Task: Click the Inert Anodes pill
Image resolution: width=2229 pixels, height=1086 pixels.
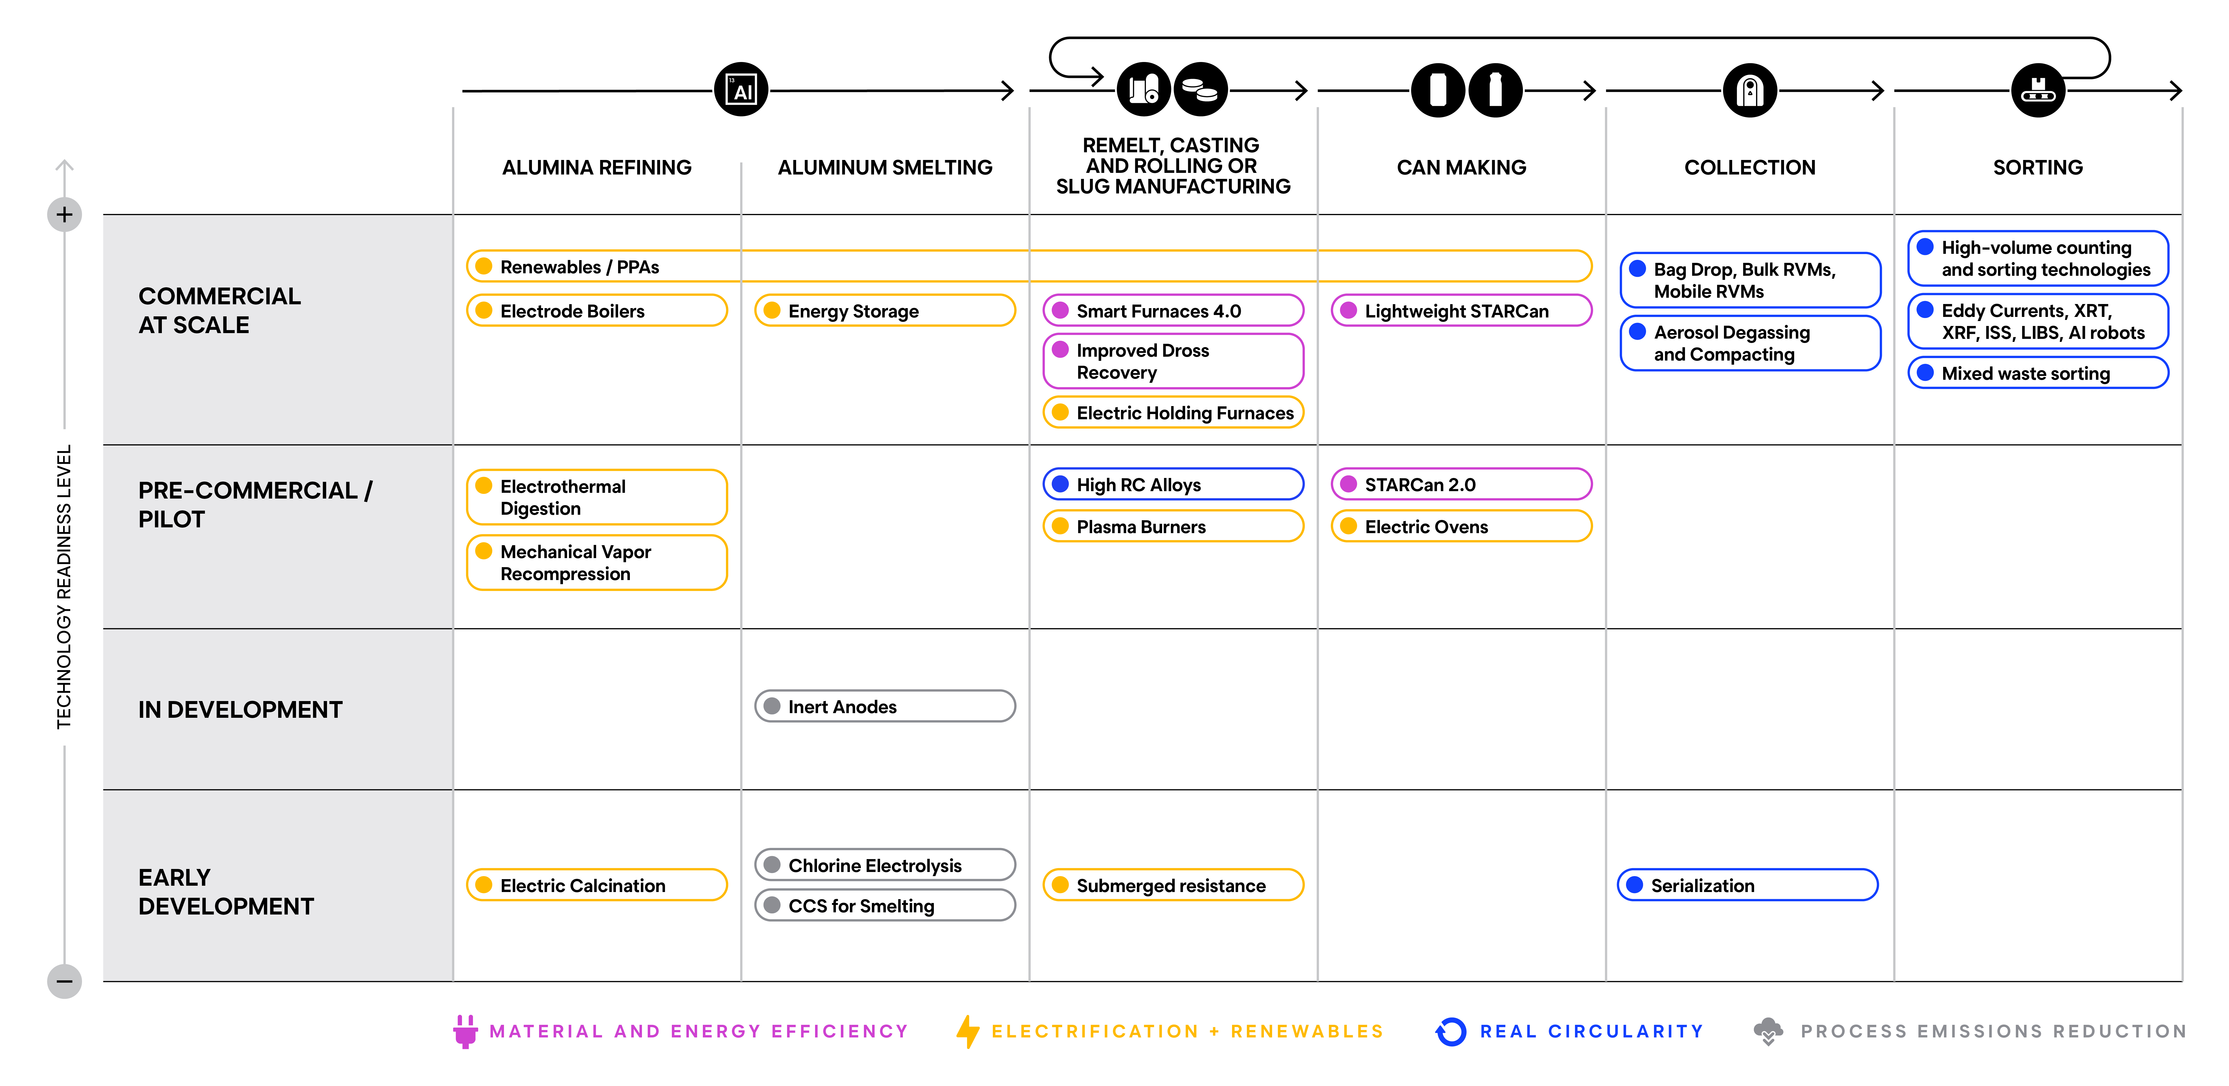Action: pyautogui.click(x=884, y=706)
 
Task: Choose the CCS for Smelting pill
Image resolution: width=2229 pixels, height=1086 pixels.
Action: pyautogui.click(x=884, y=905)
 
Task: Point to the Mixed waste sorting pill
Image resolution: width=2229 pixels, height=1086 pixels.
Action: pyautogui.click(x=2038, y=373)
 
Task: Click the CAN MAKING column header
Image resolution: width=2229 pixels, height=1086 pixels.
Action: pyautogui.click(x=1461, y=167)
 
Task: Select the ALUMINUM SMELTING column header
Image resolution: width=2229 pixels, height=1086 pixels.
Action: pyautogui.click(x=884, y=167)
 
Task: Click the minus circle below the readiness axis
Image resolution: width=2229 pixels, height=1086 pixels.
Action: pyautogui.click(x=64, y=981)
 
